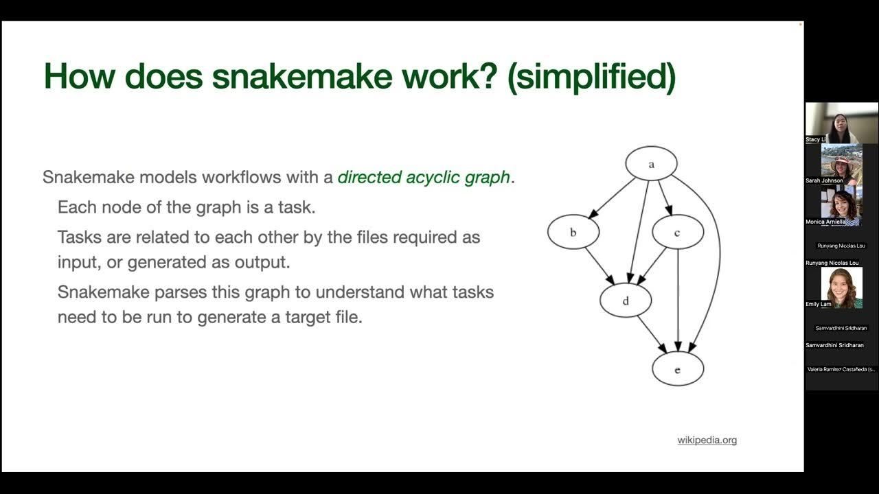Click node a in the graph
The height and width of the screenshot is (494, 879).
click(651, 164)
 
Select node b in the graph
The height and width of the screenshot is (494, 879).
click(573, 233)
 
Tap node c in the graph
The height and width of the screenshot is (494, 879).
click(677, 233)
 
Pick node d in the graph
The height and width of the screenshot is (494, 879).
click(625, 301)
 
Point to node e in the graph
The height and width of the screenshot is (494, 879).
click(677, 369)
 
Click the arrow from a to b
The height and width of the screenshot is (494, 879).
click(611, 198)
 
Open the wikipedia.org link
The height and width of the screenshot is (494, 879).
click(707, 440)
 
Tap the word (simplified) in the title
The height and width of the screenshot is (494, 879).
click(591, 76)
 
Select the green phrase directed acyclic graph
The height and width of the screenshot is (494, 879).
click(424, 177)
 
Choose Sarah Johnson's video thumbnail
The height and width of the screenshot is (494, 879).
click(841, 163)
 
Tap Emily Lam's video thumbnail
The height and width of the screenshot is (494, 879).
click(841, 287)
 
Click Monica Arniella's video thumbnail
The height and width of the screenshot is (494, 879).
click(841, 204)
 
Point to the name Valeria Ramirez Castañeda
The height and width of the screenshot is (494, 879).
click(841, 369)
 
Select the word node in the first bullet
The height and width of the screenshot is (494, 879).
click(114, 207)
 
